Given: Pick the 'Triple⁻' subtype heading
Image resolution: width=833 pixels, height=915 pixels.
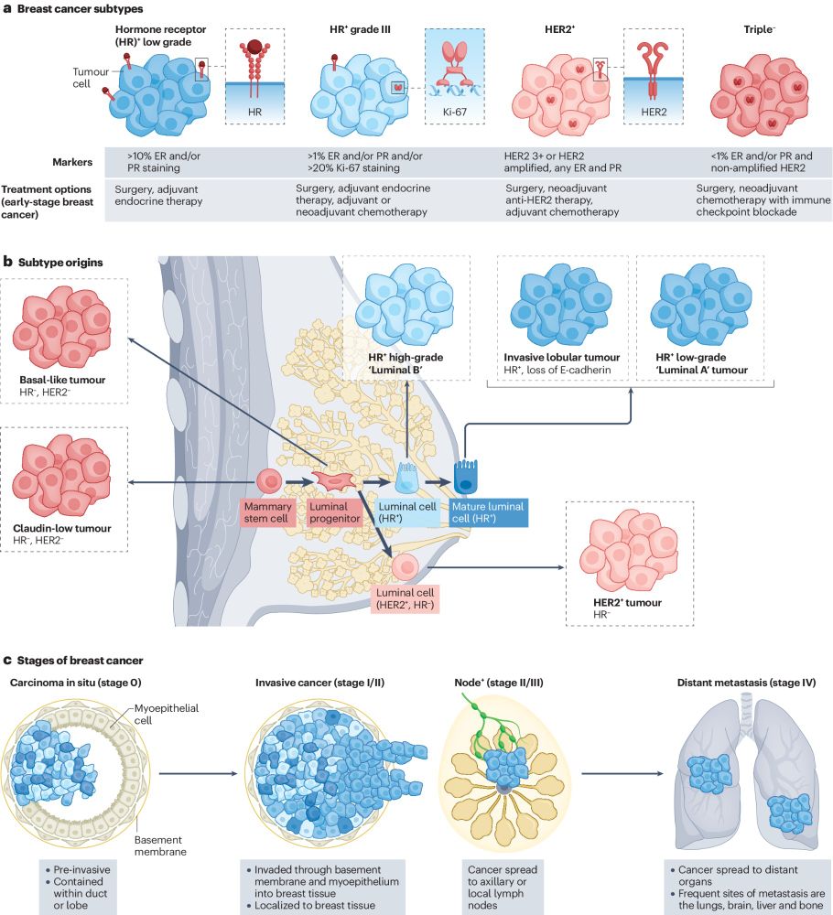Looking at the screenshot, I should click(759, 29).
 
